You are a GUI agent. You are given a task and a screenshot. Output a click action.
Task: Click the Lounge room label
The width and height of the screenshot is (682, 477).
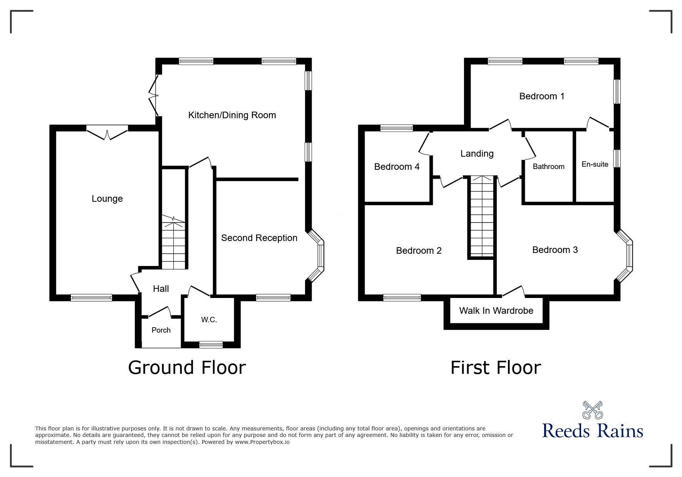click(107, 199)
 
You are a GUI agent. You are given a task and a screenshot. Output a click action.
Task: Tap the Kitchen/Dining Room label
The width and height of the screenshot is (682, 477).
click(232, 115)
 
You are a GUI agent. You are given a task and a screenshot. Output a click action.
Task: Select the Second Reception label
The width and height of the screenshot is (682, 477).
click(259, 238)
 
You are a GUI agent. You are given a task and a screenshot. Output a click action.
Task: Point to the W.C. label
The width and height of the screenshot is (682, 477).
click(209, 320)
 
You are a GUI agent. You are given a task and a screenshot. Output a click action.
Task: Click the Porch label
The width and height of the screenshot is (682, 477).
click(161, 330)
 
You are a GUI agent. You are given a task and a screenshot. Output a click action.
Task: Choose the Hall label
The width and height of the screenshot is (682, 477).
click(161, 289)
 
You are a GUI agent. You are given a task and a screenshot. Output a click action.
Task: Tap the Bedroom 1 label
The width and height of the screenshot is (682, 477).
click(542, 96)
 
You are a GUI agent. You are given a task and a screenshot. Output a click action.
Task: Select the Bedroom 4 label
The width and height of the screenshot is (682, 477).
click(397, 167)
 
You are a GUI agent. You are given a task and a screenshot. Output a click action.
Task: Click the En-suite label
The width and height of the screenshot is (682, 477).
click(595, 164)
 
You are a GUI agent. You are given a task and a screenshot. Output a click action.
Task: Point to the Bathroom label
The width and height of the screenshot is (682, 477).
click(549, 167)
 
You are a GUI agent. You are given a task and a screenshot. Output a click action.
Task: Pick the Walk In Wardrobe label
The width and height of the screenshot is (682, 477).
click(496, 311)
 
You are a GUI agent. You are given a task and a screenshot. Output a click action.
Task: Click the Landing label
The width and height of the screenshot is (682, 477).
click(477, 154)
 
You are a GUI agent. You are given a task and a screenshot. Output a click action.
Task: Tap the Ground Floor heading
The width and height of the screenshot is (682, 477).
click(187, 367)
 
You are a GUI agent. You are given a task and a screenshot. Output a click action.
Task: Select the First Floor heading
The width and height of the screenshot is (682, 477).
click(496, 367)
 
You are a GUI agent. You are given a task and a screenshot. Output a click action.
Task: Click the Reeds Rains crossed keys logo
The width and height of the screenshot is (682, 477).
click(593, 410)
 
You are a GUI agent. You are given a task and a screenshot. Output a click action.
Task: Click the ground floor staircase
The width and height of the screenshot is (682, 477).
click(173, 243)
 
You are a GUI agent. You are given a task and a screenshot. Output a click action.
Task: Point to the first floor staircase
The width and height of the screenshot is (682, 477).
click(481, 216)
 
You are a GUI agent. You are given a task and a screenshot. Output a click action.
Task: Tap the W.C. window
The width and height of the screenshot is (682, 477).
click(211, 345)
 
